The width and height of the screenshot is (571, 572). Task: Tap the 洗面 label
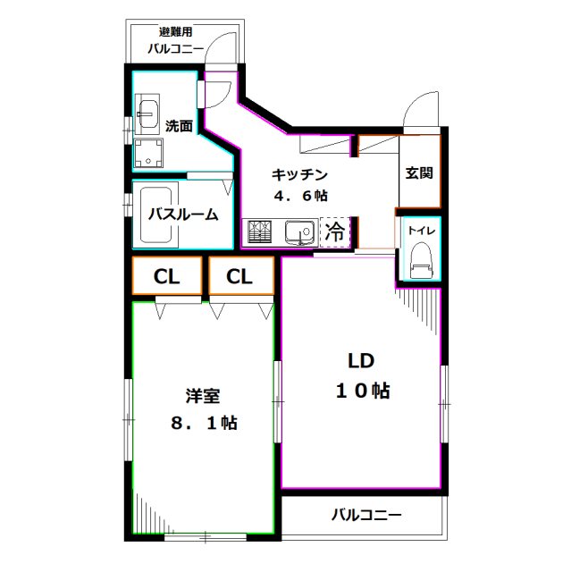point(179,126)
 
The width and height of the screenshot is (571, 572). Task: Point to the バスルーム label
point(182,214)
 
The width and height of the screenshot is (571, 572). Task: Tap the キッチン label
point(299,175)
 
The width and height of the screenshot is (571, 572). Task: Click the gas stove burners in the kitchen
point(262,232)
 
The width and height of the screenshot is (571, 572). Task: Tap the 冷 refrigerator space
point(335,232)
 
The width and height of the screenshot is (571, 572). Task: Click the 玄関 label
point(419,172)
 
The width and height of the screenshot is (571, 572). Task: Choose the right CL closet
point(239,276)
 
